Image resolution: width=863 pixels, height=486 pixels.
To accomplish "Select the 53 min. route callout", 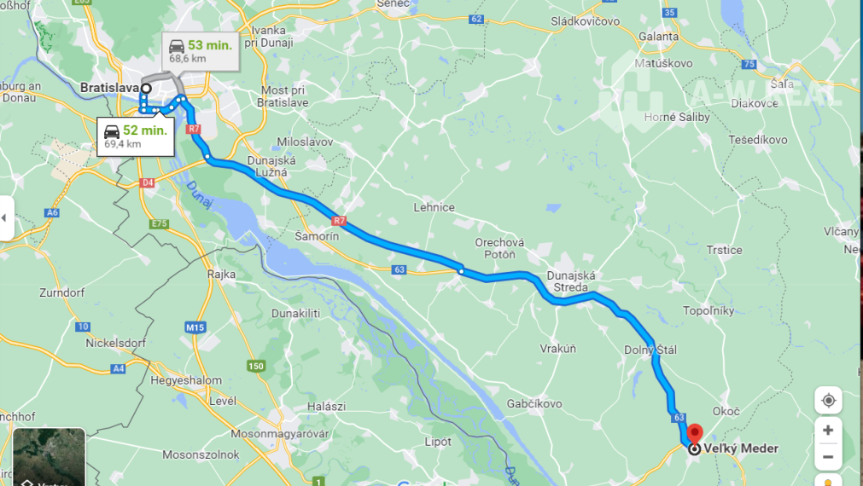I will tap(200, 51).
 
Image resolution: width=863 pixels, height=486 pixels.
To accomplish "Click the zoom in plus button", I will tap(827, 430).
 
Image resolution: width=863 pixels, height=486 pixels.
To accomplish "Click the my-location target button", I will tap(827, 400).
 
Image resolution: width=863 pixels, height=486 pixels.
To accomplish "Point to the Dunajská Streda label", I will tap(569, 281).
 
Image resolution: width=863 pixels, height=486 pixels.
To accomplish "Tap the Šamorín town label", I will tap(316, 236).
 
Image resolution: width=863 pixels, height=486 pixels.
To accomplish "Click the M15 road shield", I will tap(195, 327).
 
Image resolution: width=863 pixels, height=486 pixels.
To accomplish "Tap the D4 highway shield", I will tap(148, 182).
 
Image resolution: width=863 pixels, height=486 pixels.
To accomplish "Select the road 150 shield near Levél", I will tap(255, 366).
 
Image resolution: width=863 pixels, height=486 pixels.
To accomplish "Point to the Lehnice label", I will tap(434, 207).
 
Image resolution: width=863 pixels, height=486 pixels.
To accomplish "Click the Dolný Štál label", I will tap(650, 350).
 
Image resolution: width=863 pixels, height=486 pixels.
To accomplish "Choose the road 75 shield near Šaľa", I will tap(749, 64).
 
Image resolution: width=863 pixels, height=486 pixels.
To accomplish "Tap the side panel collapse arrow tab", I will tap(6, 218).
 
